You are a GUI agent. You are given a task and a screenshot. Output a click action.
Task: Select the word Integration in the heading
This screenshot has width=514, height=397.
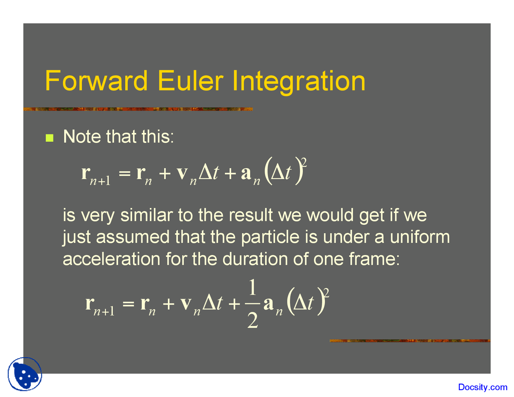tap(299, 82)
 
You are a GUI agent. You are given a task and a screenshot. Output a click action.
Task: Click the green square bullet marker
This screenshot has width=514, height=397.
tap(49, 138)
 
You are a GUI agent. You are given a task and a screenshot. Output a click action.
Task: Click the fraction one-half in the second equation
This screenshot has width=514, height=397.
tap(252, 303)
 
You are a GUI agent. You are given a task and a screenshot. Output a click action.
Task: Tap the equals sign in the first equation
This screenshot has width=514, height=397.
tap(124, 173)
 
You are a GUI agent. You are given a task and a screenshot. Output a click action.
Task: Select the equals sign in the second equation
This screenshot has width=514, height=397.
tap(128, 303)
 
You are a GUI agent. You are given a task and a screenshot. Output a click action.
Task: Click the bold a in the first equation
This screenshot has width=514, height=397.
tap(246, 173)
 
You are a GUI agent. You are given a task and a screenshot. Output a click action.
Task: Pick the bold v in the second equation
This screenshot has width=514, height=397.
tap(186, 303)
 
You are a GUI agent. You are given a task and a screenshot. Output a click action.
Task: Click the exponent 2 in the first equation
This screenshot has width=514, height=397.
tap(304, 163)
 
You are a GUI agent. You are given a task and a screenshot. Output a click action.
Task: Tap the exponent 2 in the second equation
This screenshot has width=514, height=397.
tap(326, 293)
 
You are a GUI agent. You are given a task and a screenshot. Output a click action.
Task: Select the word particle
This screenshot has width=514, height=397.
tap(270, 237)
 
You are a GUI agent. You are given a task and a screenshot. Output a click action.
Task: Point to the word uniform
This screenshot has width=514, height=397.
tap(420, 237)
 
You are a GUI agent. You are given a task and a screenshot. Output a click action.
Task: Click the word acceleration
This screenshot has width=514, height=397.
tap(111, 259)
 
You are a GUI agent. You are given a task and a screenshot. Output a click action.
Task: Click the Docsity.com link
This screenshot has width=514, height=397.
tap(483, 387)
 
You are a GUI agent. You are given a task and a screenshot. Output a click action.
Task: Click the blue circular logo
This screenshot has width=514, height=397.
tap(25, 374)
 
